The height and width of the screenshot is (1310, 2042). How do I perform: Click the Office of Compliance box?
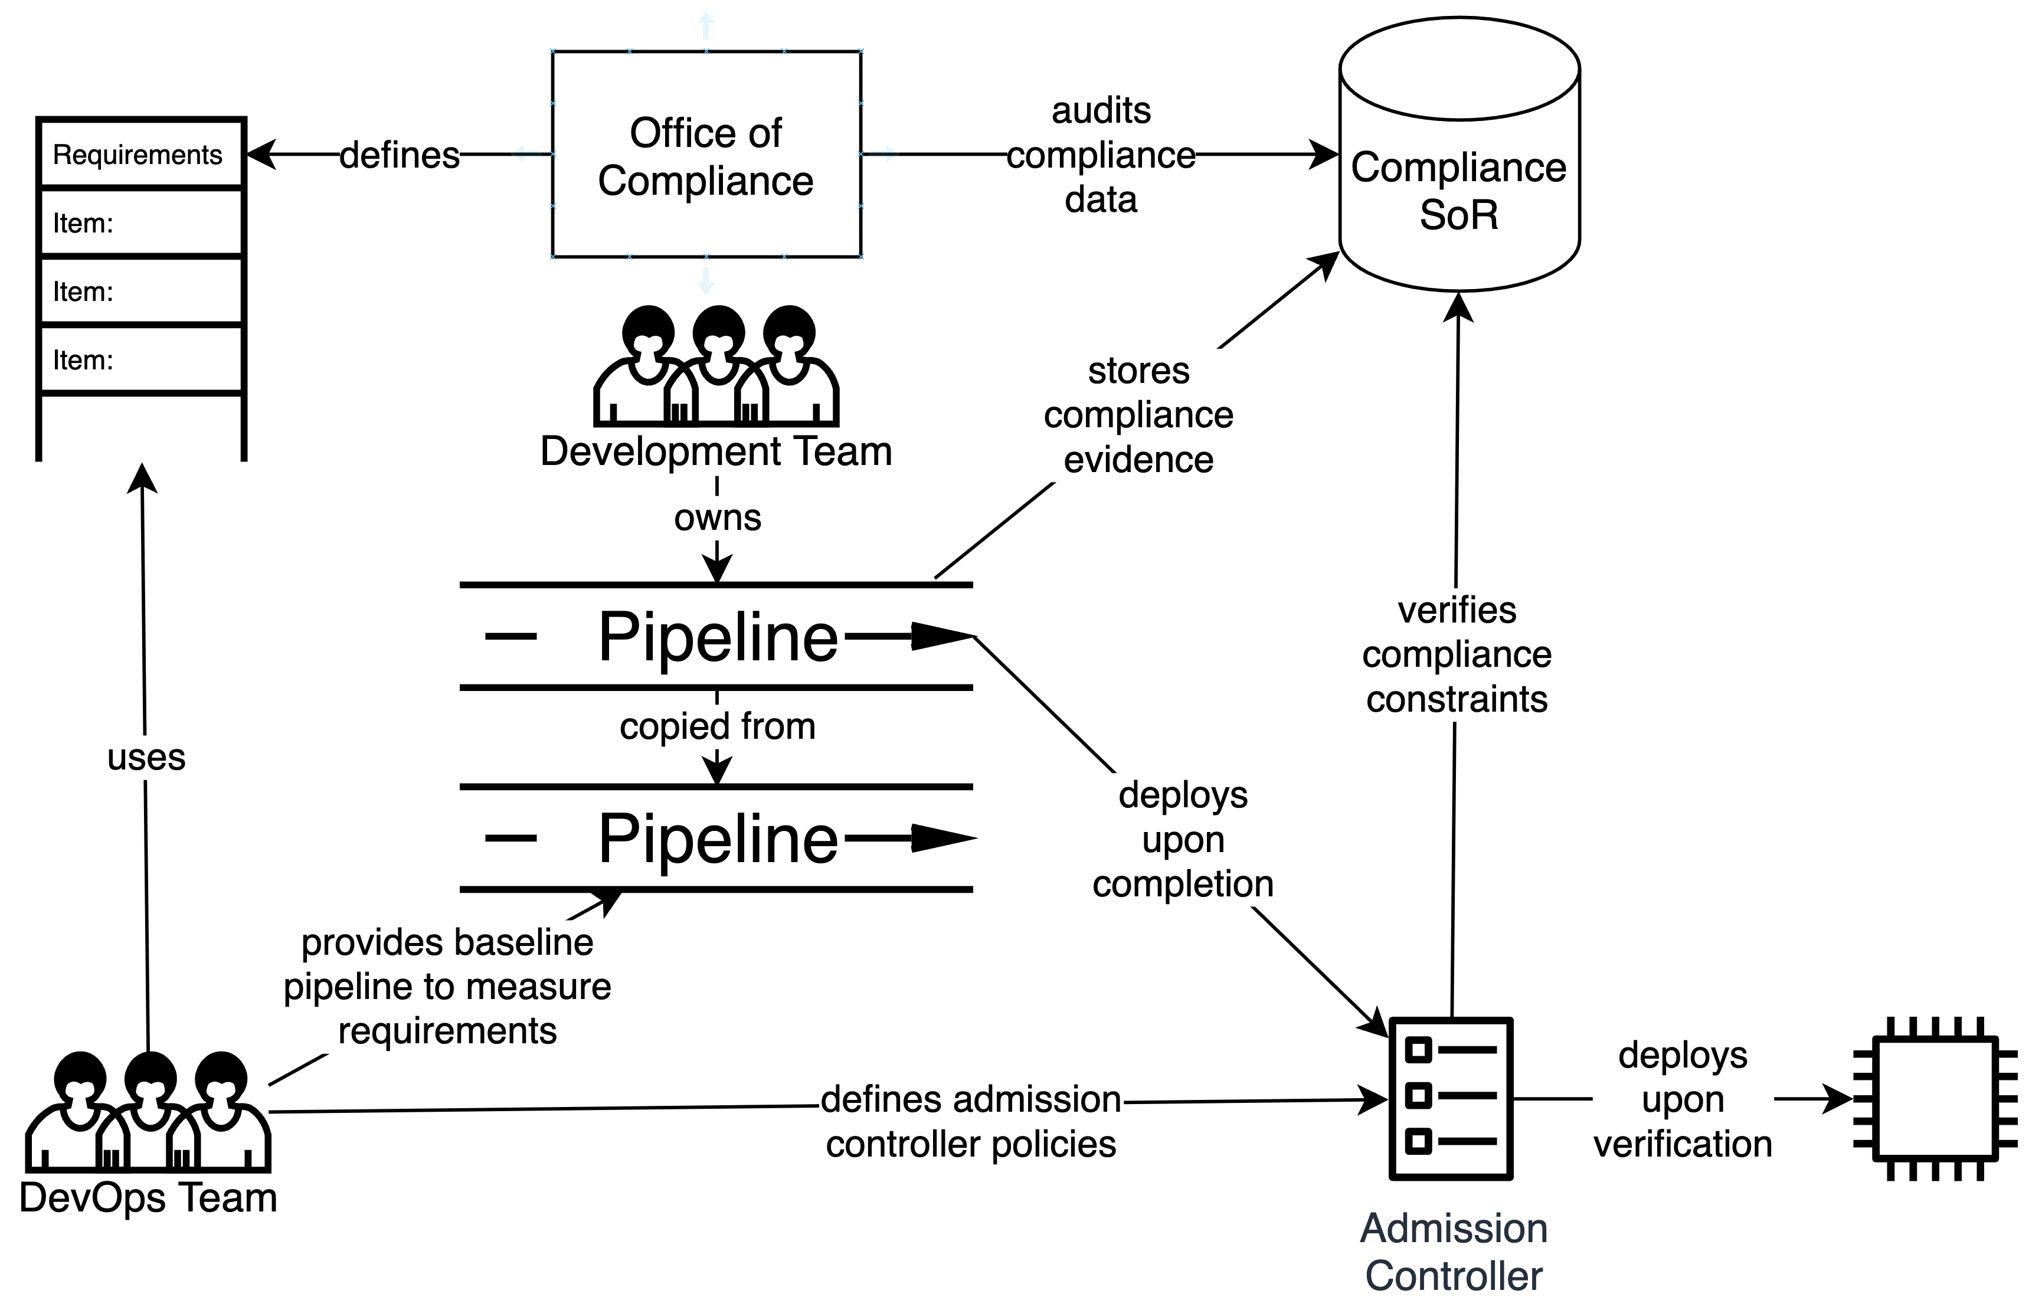click(x=706, y=155)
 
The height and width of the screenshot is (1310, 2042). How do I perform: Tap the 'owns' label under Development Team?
click(x=717, y=517)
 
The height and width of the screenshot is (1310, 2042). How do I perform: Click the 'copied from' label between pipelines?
click(x=717, y=726)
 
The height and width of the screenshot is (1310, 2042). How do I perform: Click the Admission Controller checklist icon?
click(x=1450, y=1098)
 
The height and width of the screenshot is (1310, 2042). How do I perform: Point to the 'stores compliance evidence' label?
click(x=1138, y=415)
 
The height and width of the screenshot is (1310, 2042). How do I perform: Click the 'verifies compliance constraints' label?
click(x=1457, y=654)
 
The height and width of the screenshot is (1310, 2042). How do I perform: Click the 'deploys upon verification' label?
click(x=1682, y=1099)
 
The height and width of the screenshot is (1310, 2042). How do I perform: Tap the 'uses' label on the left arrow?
click(x=146, y=757)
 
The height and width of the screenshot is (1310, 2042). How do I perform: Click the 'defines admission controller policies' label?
click(x=971, y=1121)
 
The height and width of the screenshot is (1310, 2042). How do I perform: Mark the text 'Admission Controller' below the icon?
click(x=1453, y=1252)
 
